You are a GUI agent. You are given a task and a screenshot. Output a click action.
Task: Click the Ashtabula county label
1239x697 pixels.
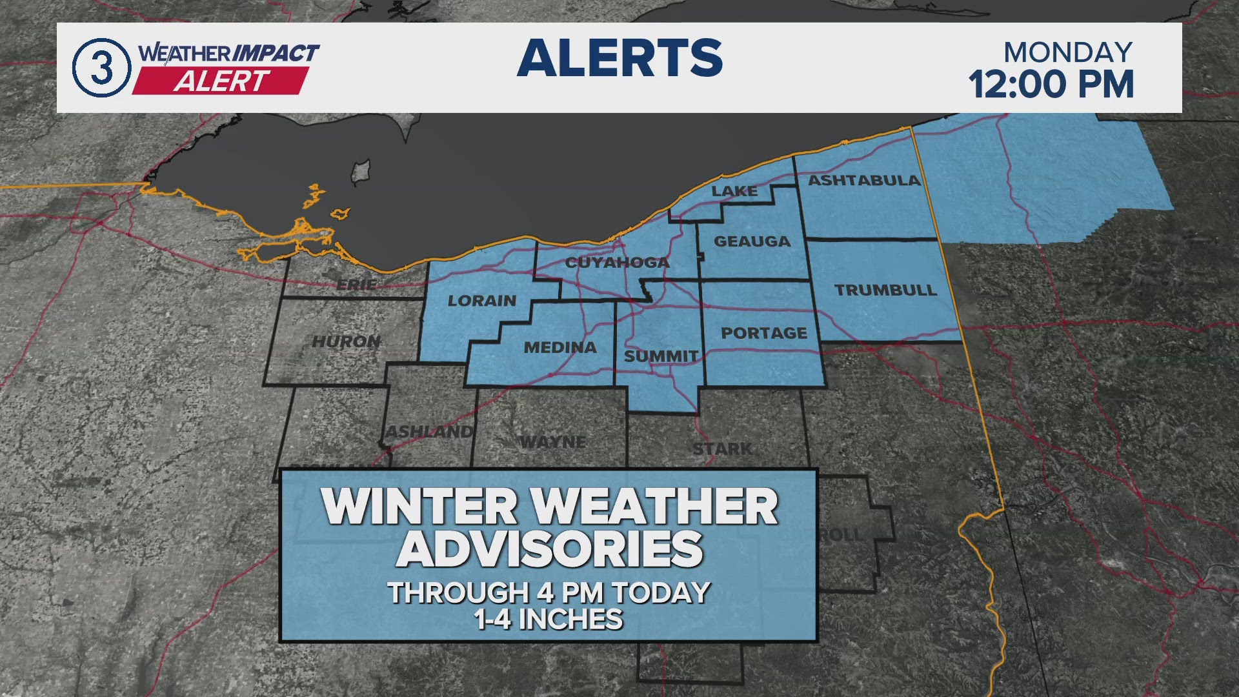pyautogui.click(x=864, y=181)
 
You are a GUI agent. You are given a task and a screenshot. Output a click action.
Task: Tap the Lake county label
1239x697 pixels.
pyautogui.click(x=734, y=191)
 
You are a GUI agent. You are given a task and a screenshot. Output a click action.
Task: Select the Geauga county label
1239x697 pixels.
pyautogui.click(x=752, y=241)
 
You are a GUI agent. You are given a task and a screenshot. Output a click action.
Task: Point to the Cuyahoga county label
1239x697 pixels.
pyautogui.click(x=617, y=263)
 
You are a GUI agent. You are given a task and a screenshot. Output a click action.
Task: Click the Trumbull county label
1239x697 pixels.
pyautogui.click(x=885, y=290)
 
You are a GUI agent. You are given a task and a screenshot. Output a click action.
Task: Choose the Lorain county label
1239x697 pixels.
pyautogui.click(x=481, y=301)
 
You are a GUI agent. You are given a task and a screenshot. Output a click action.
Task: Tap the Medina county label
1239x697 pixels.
pyautogui.click(x=560, y=348)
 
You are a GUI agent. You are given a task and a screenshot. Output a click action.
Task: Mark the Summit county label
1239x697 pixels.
pyautogui.click(x=661, y=356)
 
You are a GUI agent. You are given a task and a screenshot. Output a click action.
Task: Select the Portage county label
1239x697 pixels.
pyautogui.click(x=764, y=333)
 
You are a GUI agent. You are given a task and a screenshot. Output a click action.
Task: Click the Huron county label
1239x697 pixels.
pyautogui.click(x=347, y=341)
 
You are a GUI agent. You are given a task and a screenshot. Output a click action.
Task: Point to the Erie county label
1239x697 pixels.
pyautogui.click(x=357, y=285)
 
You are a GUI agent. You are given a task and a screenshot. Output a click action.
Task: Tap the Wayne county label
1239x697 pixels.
pyautogui.click(x=553, y=442)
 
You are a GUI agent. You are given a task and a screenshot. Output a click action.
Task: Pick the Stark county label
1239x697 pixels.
pyautogui.click(x=722, y=449)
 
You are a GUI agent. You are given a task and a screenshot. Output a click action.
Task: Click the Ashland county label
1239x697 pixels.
pyautogui.click(x=429, y=432)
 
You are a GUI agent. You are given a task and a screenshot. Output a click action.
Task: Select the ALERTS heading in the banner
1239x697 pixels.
pyautogui.click(x=619, y=58)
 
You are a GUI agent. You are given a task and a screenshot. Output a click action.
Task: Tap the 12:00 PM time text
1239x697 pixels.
pyautogui.click(x=1051, y=85)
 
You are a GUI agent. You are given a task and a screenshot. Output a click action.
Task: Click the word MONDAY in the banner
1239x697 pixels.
pyautogui.click(x=1067, y=52)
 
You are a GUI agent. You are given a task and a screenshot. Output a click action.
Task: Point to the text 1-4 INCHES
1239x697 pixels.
pyautogui.click(x=549, y=620)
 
